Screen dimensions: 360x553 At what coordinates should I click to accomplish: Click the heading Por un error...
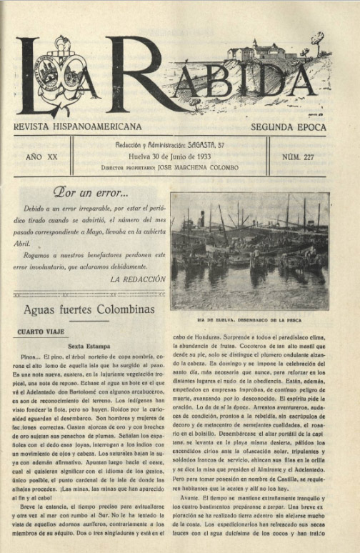90,191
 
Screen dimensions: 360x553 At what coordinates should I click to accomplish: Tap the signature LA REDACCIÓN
138,279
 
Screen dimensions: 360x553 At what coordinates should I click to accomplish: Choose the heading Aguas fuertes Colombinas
89,309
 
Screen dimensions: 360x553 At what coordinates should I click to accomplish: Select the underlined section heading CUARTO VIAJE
41,332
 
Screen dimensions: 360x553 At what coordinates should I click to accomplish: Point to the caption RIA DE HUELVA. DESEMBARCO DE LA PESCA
249,319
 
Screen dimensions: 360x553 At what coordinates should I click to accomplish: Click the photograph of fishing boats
249,251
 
